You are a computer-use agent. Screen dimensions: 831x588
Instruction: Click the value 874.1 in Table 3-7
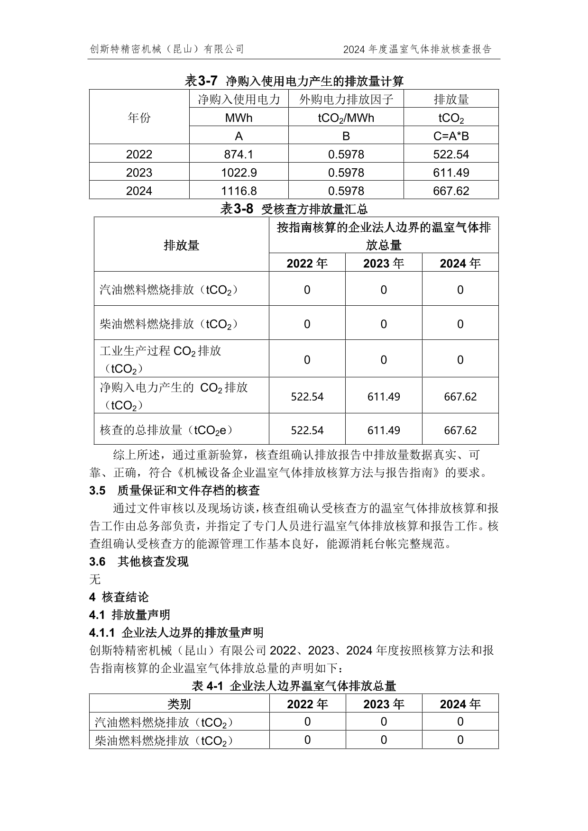coord(239,155)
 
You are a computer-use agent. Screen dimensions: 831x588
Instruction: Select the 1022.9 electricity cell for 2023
coord(239,173)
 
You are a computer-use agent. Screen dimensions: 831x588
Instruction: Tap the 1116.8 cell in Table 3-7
coord(239,191)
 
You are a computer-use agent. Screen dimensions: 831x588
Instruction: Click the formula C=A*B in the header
coord(450,136)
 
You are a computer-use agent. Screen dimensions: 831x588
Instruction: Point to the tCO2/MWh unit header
coord(346,118)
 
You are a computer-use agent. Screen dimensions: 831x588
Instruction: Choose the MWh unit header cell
coord(239,118)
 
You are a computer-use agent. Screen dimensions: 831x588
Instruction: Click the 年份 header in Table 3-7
coord(139,118)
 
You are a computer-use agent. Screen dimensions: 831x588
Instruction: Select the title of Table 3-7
coord(294,81)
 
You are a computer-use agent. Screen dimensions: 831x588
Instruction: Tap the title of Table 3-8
coord(294,209)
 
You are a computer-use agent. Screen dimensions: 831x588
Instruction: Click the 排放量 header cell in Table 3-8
coord(181,245)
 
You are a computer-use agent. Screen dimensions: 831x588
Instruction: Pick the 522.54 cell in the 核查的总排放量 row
coord(307,430)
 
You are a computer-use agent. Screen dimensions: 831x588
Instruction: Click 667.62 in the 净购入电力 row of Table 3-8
coord(460,396)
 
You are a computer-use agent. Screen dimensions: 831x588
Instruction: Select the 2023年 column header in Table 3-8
coord(383,263)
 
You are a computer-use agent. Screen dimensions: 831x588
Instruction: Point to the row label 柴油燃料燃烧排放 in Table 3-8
coord(168,324)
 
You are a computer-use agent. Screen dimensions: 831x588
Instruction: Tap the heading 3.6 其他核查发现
coord(138,562)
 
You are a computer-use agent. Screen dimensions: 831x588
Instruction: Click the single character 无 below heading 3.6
coord(95,579)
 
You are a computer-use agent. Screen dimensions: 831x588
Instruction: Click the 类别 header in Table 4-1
coord(179,704)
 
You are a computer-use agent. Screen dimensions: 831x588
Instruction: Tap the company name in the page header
coord(166,49)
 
